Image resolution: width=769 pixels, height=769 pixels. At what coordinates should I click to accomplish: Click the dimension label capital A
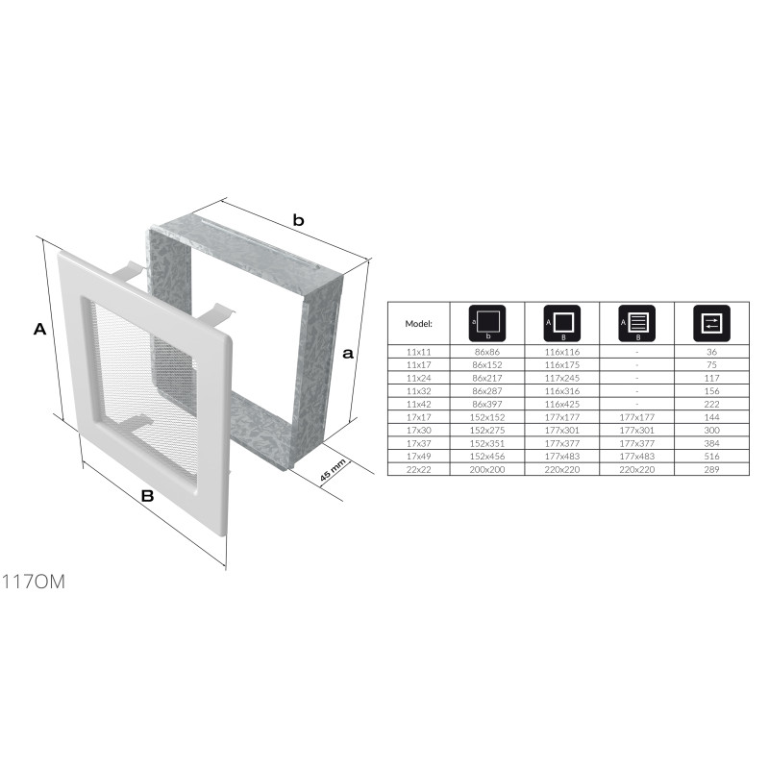(39, 329)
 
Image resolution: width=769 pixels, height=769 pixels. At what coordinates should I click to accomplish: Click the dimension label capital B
(148, 496)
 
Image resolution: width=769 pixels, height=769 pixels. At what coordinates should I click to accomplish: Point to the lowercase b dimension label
(298, 220)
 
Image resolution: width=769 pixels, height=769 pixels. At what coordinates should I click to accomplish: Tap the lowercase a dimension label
(348, 353)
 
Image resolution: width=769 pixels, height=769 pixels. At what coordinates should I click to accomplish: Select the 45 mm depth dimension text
(333, 470)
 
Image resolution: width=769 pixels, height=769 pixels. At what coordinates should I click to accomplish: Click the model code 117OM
(34, 582)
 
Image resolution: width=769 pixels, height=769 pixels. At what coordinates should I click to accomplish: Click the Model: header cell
(418, 324)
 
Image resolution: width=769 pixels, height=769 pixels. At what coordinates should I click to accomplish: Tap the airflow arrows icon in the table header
(711, 323)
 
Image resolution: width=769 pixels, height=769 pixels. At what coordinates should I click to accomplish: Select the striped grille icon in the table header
(636, 323)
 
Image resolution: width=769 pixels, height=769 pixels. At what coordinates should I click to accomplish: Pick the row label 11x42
(419, 404)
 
